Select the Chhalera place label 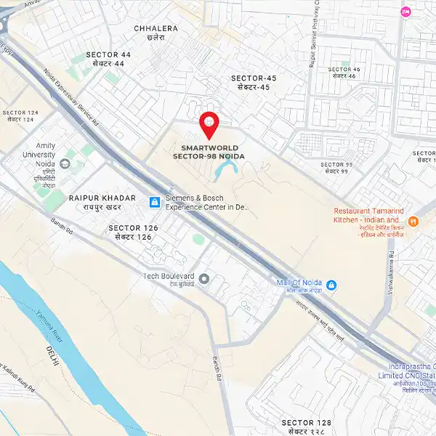156,33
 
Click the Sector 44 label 108,59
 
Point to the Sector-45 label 254,82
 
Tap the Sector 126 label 133,232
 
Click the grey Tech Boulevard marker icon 204,278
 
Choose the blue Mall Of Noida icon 331,283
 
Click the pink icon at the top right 405,11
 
